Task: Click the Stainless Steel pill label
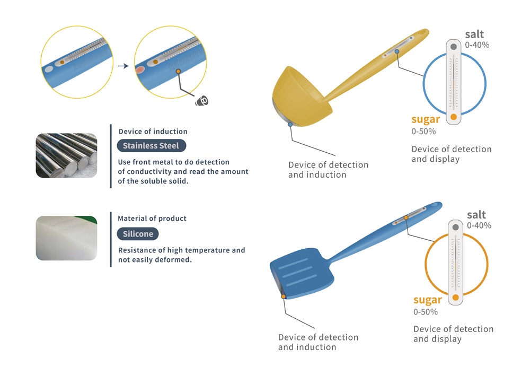(152, 146)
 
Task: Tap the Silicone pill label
(138, 234)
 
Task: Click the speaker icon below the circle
(202, 100)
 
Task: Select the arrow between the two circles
(123, 66)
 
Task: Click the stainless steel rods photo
(66, 155)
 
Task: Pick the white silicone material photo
(66, 238)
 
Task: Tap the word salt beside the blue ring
(474, 34)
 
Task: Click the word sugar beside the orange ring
(428, 300)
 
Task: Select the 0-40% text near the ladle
(477, 45)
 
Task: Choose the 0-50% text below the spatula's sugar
(426, 312)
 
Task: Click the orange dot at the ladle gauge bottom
(454, 117)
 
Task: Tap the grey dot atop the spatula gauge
(456, 227)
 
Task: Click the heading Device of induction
(153, 132)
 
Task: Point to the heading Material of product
(152, 219)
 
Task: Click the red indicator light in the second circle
(140, 70)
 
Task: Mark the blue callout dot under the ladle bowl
(290, 125)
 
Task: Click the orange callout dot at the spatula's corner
(284, 296)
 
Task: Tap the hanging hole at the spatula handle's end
(435, 205)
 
